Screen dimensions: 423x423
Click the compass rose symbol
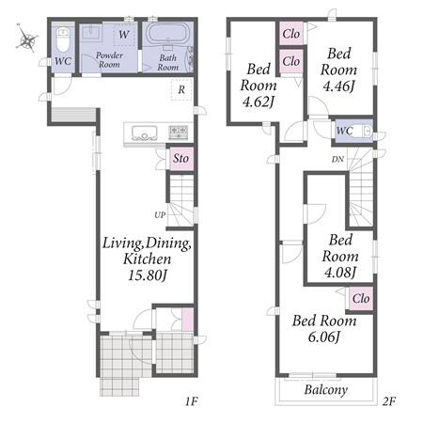pos(27,39)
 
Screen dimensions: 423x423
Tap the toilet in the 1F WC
pos(63,40)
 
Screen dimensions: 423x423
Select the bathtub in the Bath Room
pos(168,34)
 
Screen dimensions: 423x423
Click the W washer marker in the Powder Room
pos(124,34)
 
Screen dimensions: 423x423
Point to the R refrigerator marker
pos(181,90)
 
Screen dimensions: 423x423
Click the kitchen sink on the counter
pos(144,133)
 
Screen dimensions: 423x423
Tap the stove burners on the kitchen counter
pos(179,133)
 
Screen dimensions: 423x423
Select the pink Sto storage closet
pos(181,158)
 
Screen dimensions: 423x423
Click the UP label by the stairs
pos(160,215)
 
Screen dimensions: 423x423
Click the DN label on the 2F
pos(337,159)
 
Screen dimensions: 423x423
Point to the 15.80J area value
pos(148,275)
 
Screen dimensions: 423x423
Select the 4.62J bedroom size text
pos(258,102)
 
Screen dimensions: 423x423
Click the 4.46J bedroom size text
pos(338,86)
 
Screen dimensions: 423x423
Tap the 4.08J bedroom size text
pos(340,273)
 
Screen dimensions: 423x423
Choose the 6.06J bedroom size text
pos(324,337)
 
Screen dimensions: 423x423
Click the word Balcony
pos(326,390)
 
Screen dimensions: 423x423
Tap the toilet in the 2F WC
pos(364,131)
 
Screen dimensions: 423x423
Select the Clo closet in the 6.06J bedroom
pos(361,299)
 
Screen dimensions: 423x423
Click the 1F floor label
pos(191,401)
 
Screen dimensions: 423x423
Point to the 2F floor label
pos(389,401)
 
